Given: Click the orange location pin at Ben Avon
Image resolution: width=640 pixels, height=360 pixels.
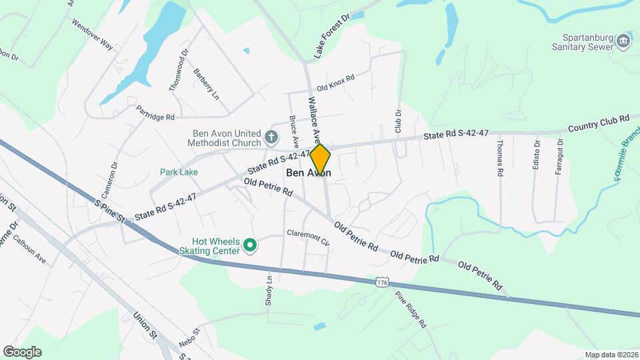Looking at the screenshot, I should click(320, 159).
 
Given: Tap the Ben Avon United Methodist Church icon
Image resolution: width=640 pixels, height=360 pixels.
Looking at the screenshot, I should click(271, 138).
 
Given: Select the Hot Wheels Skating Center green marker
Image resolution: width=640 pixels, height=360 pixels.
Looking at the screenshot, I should click(250, 246).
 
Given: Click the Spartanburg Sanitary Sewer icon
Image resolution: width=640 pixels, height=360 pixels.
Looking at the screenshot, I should click(623, 40).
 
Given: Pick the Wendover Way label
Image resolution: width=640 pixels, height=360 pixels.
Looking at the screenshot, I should click(92, 34).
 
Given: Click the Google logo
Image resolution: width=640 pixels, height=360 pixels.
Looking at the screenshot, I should click(22, 352).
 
